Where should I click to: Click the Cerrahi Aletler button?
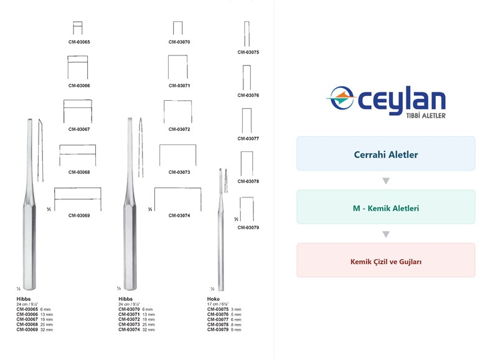pos(386,153)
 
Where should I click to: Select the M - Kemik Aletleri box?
pos(386,207)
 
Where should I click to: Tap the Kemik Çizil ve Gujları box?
pos(386,260)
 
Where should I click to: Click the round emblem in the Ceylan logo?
pos(341,98)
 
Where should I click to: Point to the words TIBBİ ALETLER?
pos(426,116)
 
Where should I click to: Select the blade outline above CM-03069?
pos(77,188)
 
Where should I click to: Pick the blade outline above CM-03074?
pos(177,187)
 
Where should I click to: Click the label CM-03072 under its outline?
pos(179,130)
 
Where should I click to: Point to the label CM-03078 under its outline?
pos(248,181)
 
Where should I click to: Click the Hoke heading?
pos(214,299)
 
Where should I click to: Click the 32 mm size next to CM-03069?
pos(47,330)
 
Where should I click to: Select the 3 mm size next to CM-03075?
pos(236,310)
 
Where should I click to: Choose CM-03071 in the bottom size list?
pos(129,315)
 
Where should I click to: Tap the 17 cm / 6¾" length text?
pos(218,304)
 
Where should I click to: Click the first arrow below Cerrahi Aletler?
pos(386,181)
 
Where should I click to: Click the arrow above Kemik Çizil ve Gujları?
pos(386,234)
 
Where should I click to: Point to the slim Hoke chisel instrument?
pos(221,229)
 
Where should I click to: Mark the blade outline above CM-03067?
pos(78,100)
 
